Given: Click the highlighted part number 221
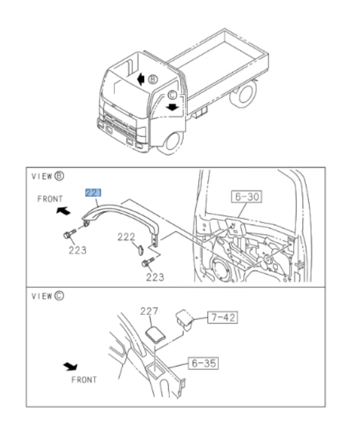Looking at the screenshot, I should [93, 193].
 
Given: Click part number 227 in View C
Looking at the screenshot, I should [149, 312].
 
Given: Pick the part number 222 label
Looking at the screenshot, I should [126, 236].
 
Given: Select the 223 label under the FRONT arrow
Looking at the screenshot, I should [78, 250].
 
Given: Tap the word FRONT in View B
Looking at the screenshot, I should [50, 199].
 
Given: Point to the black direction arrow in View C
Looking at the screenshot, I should [70, 366].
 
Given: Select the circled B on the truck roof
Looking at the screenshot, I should [153, 80].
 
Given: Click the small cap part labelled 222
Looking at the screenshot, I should [139, 250].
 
